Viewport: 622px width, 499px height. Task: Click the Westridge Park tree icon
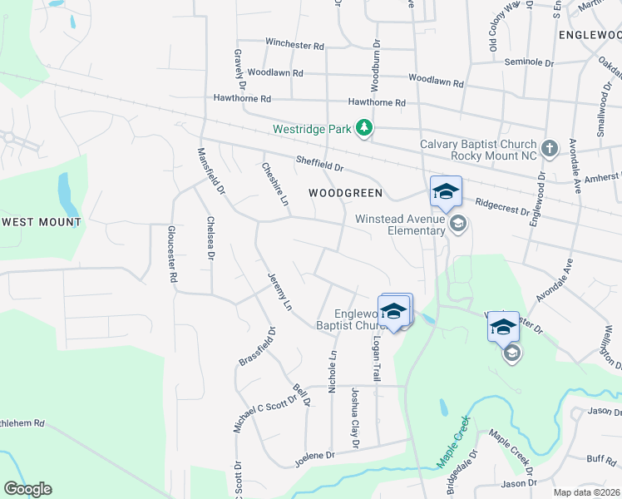coord(363,128)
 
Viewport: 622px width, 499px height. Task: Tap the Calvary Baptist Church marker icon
coord(549,149)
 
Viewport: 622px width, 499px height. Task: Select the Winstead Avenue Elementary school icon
coord(457,224)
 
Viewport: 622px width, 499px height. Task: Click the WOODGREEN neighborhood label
coord(345,193)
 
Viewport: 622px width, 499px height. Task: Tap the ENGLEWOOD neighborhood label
coord(590,35)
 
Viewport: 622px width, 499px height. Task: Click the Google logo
coord(27,489)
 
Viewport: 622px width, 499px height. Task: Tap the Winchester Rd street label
coord(294,42)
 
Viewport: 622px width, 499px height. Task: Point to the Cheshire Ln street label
coord(274,182)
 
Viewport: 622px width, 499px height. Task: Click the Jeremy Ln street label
coord(279,292)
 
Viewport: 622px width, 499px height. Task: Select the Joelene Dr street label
coord(313,456)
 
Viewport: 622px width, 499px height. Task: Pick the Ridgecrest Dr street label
coord(502,205)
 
